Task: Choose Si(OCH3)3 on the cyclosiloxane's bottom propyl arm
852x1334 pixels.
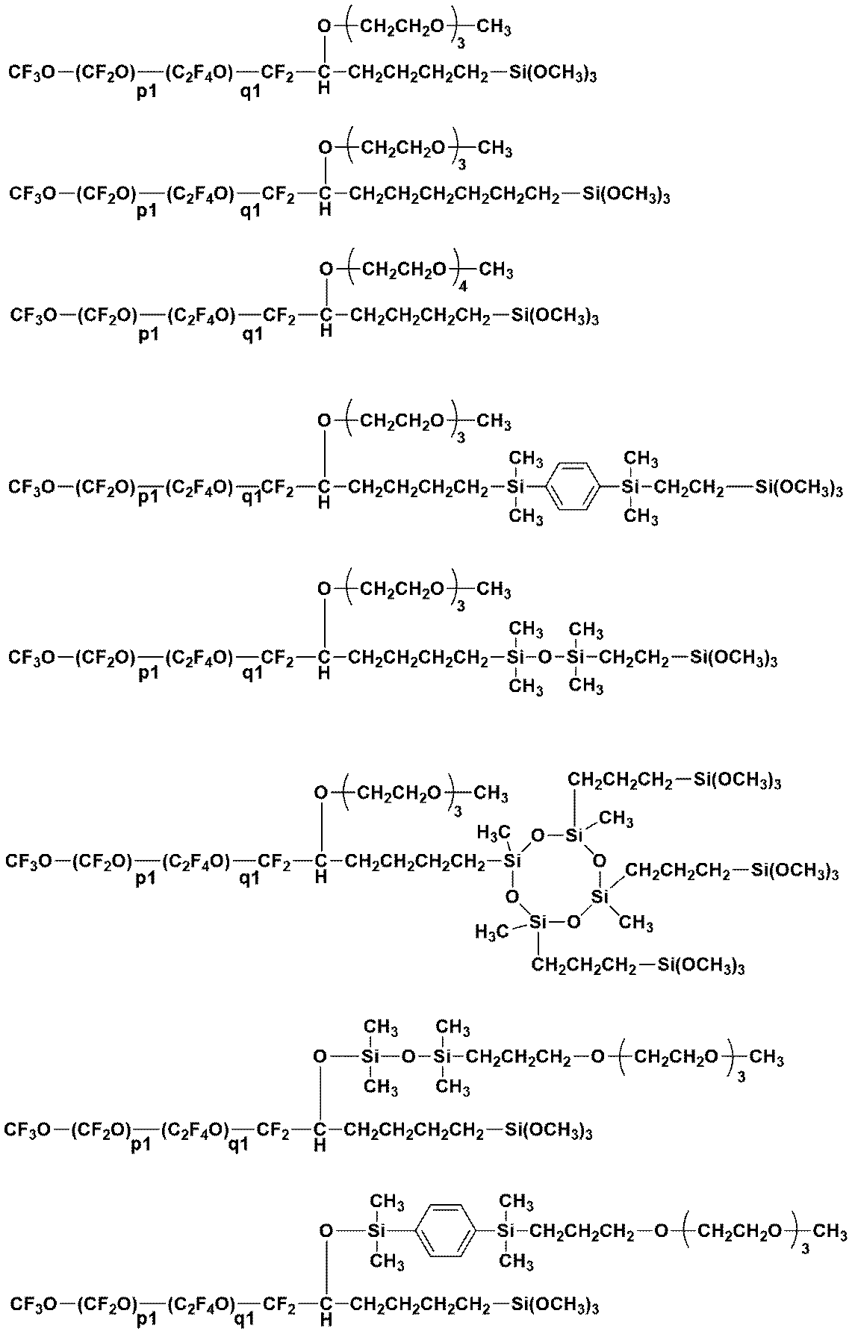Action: point(700,965)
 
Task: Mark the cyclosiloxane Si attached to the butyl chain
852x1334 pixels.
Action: point(511,861)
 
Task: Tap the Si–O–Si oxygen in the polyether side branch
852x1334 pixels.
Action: point(408,1057)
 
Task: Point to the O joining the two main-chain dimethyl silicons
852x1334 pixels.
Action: point(545,658)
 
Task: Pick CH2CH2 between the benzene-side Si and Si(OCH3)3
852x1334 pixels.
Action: point(688,487)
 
